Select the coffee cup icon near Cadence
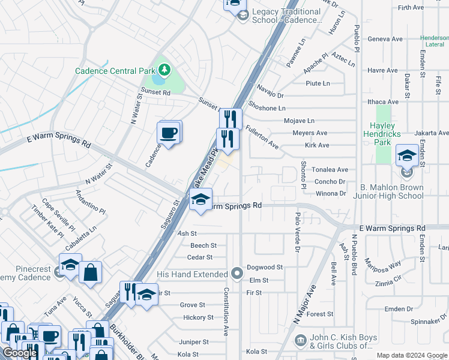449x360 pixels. tap(169, 132)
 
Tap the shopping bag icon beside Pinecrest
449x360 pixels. tap(90, 272)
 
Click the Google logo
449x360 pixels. tap(20, 353)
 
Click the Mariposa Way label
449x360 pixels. tap(384, 265)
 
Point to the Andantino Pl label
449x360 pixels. tap(90, 203)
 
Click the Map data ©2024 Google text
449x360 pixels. tap(411, 355)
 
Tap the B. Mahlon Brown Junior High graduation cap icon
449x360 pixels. tap(407, 155)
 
